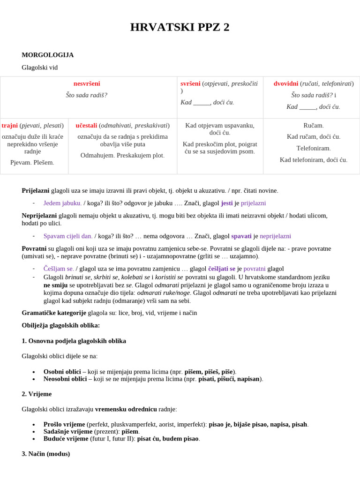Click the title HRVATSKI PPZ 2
click(x=180, y=27)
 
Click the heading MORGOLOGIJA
click(x=47, y=55)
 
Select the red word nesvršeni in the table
click(x=87, y=84)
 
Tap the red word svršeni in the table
click(x=190, y=83)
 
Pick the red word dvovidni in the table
click(x=286, y=83)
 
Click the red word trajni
click(x=9, y=126)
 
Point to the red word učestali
click(x=86, y=126)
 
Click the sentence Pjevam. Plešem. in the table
click(x=32, y=163)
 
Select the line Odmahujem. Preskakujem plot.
click(x=122, y=155)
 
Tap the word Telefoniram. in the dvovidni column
click(x=314, y=148)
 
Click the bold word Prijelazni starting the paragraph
click(x=36, y=191)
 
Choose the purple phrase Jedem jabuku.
click(x=62, y=203)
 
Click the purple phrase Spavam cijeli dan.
click(x=68, y=236)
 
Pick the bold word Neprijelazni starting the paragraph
click(x=39, y=216)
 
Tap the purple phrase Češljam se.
click(x=59, y=269)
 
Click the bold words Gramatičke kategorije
click(x=54, y=313)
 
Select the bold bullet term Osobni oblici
click(x=62, y=372)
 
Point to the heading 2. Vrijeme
click(x=37, y=394)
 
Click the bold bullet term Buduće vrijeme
click(x=66, y=439)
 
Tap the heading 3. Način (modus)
click(x=45, y=454)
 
